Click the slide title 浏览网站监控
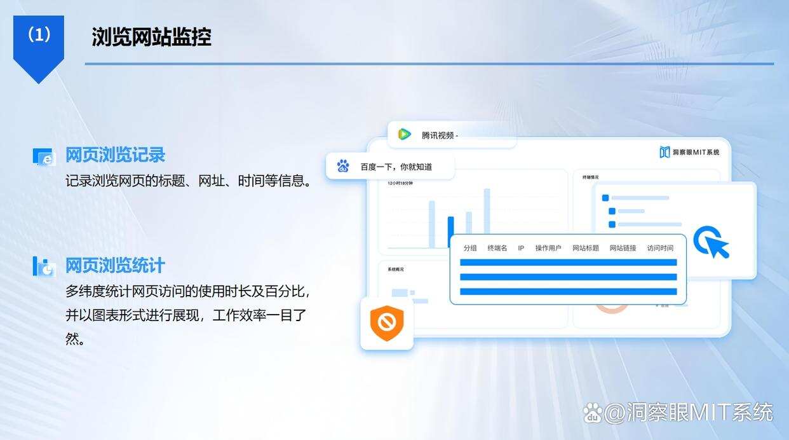coord(151,37)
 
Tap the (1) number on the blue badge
coord(39,35)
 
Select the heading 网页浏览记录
coord(115,155)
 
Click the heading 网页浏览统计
coord(115,265)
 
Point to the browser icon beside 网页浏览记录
coord(44,157)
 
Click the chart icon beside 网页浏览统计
coord(44,267)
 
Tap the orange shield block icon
coord(386,323)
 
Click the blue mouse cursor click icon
coord(710,242)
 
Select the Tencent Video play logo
coord(404,134)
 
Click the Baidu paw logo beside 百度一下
coord(343,166)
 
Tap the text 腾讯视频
coord(438,135)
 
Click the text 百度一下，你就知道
coord(396,167)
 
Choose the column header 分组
coord(470,248)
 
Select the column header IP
coord(521,248)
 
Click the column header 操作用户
coord(548,248)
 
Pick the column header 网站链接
coord(623,248)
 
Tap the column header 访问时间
coord(660,248)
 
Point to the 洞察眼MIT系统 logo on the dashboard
coord(690,152)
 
